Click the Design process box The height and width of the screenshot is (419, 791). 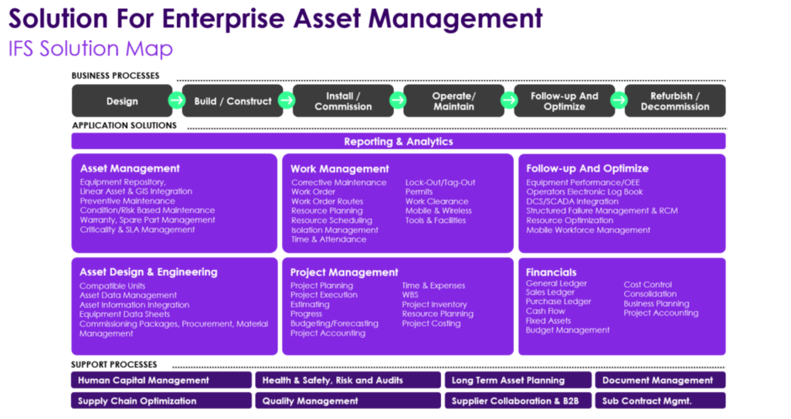[121, 101]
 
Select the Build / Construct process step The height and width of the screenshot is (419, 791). [233, 101]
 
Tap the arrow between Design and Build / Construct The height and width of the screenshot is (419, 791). [177, 100]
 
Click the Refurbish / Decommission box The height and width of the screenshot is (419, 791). [675, 101]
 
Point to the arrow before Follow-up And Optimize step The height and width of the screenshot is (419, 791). [509, 100]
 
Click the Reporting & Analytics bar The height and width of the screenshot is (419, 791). [399, 141]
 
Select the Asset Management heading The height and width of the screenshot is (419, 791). [130, 168]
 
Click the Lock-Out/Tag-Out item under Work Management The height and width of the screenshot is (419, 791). [440, 183]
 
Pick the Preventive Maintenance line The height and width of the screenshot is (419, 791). [127, 201]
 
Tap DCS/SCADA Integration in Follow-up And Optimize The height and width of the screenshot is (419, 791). [572, 201]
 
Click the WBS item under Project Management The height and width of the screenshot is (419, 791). [410, 295]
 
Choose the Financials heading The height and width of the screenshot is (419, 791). [551, 272]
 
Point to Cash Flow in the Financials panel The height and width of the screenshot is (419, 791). [545, 311]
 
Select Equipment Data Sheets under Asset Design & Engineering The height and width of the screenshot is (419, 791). [124, 314]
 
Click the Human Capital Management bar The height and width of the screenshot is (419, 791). [161, 380]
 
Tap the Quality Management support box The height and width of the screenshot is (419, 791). [348, 400]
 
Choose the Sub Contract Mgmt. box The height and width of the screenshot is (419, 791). [660, 400]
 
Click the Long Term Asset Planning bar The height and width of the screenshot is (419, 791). [518, 380]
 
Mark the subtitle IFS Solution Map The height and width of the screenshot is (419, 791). [91, 49]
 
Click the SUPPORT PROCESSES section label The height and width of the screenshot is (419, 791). [114, 364]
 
